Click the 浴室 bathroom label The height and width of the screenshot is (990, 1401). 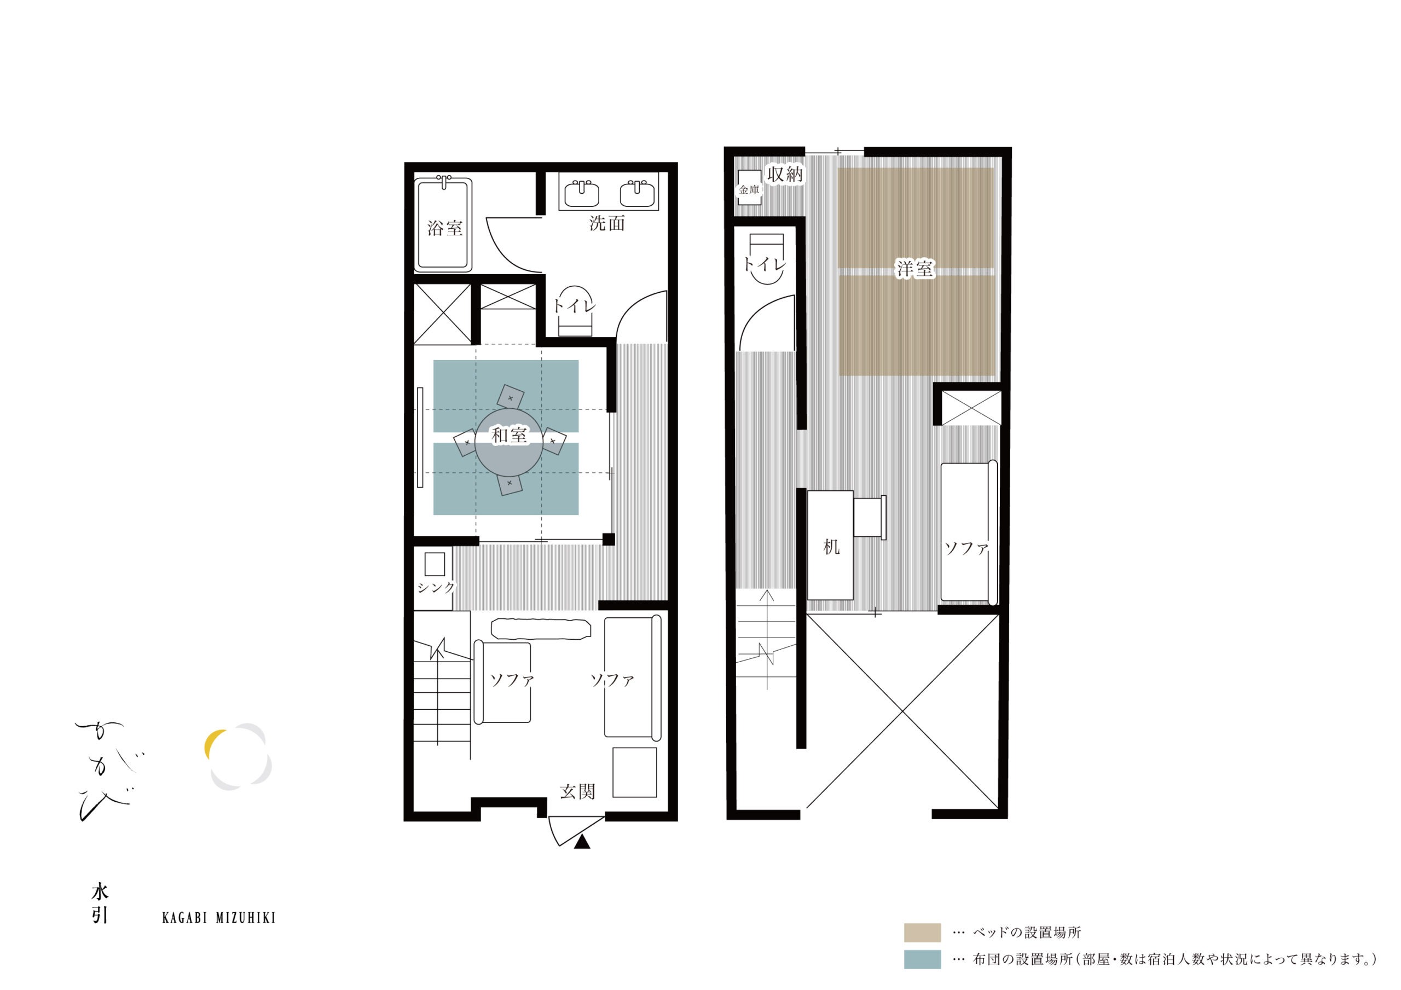[445, 228]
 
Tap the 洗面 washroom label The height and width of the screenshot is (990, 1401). [607, 223]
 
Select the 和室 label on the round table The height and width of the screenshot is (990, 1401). [509, 435]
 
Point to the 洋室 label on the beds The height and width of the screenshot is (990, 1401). [914, 269]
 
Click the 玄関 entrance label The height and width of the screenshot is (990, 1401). [577, 792]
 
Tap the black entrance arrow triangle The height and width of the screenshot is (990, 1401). [583, 842]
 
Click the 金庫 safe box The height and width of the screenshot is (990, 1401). [749, 187]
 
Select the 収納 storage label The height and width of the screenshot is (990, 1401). [785, 174]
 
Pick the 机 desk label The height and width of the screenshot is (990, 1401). [831, 547]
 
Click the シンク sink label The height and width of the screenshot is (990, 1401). [436, 587]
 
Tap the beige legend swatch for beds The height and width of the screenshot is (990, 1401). [922, 933]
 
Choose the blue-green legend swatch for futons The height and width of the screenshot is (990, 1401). [922, 959]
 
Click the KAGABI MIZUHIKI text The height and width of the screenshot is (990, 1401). [218, 918]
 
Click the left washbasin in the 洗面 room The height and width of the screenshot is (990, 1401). [582, 194]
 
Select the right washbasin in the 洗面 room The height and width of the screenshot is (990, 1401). [638, 194]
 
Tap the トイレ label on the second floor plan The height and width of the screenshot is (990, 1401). [765, 265]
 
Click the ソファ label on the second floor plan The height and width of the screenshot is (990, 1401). [966, 548]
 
